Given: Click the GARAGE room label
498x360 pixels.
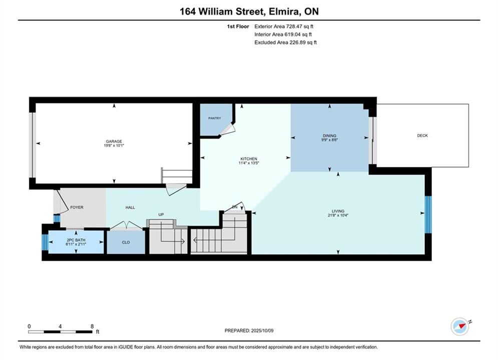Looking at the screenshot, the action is coord(114,141).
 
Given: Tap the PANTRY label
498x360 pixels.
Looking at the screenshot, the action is coord(214,118).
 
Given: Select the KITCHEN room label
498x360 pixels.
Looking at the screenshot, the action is coord(249,159).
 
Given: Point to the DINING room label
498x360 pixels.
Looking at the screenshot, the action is coord(329,136).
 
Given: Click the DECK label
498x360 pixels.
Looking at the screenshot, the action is coord(422,135).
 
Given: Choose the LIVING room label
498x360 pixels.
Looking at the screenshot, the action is coord(338,211).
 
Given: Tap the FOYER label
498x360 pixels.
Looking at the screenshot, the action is coord(77,207).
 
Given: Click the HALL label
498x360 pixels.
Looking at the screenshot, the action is coord(130,207).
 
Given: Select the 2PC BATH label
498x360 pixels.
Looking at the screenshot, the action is coord(76,240).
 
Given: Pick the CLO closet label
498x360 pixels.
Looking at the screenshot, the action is coord(126,242).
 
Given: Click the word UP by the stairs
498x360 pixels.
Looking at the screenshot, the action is coord(161,214).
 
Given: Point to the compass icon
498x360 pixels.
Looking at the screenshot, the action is coord(460,326).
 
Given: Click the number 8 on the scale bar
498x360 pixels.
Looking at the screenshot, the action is coord(92,326).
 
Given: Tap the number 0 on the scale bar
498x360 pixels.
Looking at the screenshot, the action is coord(29,326).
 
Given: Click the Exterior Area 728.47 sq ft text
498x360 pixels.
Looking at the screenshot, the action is coord(284,26).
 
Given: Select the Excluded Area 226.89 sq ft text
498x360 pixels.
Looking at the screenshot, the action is coord(285,42).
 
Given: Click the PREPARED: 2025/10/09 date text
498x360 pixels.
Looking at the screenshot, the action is coord(249,330).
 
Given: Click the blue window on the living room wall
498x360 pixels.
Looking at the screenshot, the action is coord(428,214).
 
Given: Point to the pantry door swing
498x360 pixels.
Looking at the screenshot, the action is coord(227,129).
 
